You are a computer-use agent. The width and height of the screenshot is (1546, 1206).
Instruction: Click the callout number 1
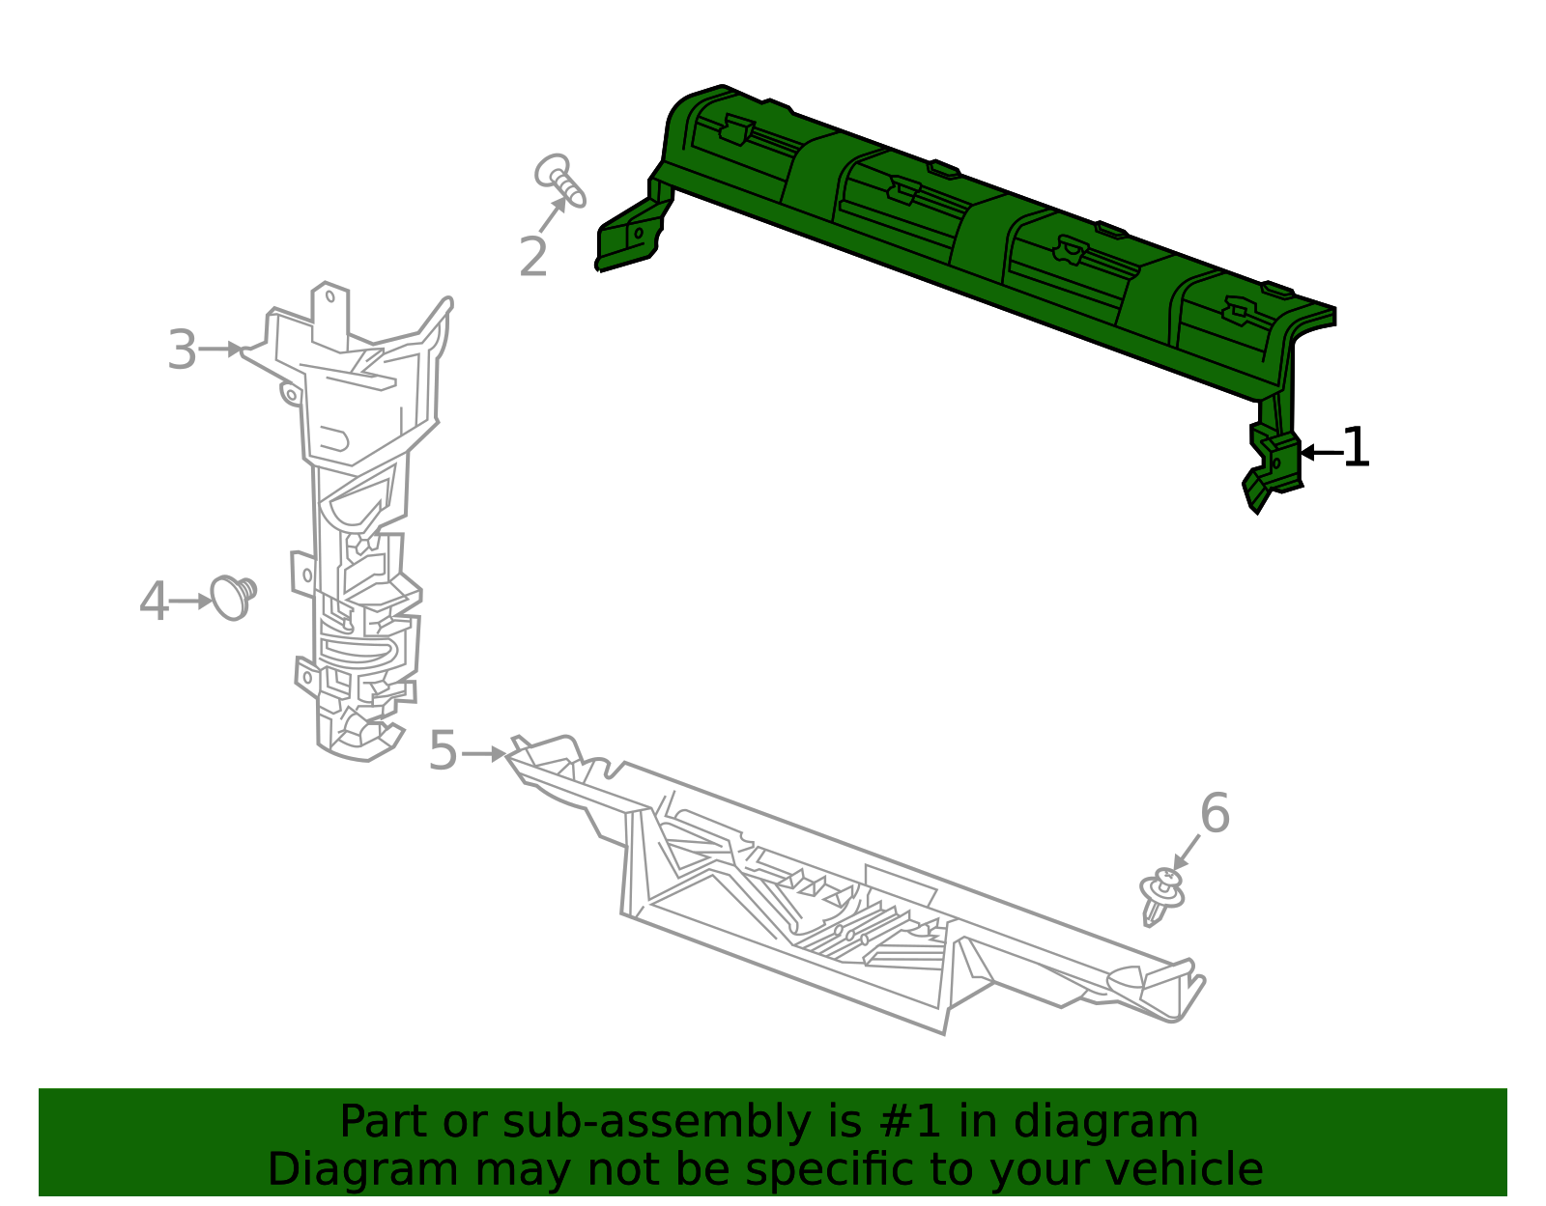(x=1356, y=448)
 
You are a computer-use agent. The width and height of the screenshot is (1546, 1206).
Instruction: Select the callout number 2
(x=533, y=257)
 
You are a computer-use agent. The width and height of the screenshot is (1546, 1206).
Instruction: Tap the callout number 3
(x=182, y=350)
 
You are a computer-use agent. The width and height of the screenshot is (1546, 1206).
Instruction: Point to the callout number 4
(x=154, y=602)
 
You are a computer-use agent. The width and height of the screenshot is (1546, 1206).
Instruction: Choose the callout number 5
(x=443, y=750)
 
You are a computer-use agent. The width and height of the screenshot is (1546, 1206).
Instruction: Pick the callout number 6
(x=1215, y=813)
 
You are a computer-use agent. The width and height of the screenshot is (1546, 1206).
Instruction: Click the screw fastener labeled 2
(x=560, y=181)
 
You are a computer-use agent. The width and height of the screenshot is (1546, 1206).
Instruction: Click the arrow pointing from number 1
(x=1321, y=452)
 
